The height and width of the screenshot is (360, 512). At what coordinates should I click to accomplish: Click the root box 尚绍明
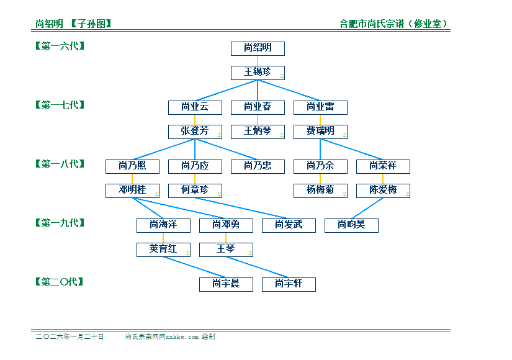click(258, 48)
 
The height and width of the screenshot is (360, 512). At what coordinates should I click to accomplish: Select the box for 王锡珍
click(258, 72)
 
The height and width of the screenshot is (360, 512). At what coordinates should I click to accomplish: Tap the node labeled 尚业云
click(195, 107)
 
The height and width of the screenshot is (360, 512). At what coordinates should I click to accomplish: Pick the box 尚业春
click(258, 107)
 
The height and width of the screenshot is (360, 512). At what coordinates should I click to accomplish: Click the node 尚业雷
click(320, 107)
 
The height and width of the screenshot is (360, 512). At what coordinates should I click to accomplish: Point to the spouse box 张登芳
click(195, 131)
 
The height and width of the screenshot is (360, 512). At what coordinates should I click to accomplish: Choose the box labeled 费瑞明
click(320, 131)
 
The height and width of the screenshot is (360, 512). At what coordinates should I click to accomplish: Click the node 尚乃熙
click(132, 166)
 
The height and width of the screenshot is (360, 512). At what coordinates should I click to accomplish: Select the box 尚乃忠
click(258, 166)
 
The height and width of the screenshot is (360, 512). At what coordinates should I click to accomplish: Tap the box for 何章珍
click(195, 190)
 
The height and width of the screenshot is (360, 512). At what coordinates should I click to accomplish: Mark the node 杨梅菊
click(320, 190)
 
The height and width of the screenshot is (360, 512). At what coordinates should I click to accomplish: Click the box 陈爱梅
click(383, 190)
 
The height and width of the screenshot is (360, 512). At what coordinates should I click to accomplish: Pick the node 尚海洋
click(163, 225)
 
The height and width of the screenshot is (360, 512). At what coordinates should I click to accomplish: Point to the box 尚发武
click(289, 225)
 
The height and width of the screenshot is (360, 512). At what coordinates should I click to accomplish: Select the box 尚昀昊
click(351, 225)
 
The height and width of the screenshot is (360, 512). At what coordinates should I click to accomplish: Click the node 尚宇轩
click(289, 284)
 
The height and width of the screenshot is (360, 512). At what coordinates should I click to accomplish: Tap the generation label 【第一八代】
click(60, 164)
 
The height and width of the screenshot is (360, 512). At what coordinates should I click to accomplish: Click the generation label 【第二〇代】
click(60, 282)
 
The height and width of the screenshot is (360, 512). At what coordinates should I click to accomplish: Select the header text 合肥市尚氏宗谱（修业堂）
click(394, 24)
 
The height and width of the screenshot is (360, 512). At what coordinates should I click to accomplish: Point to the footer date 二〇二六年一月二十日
click(70, 337)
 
